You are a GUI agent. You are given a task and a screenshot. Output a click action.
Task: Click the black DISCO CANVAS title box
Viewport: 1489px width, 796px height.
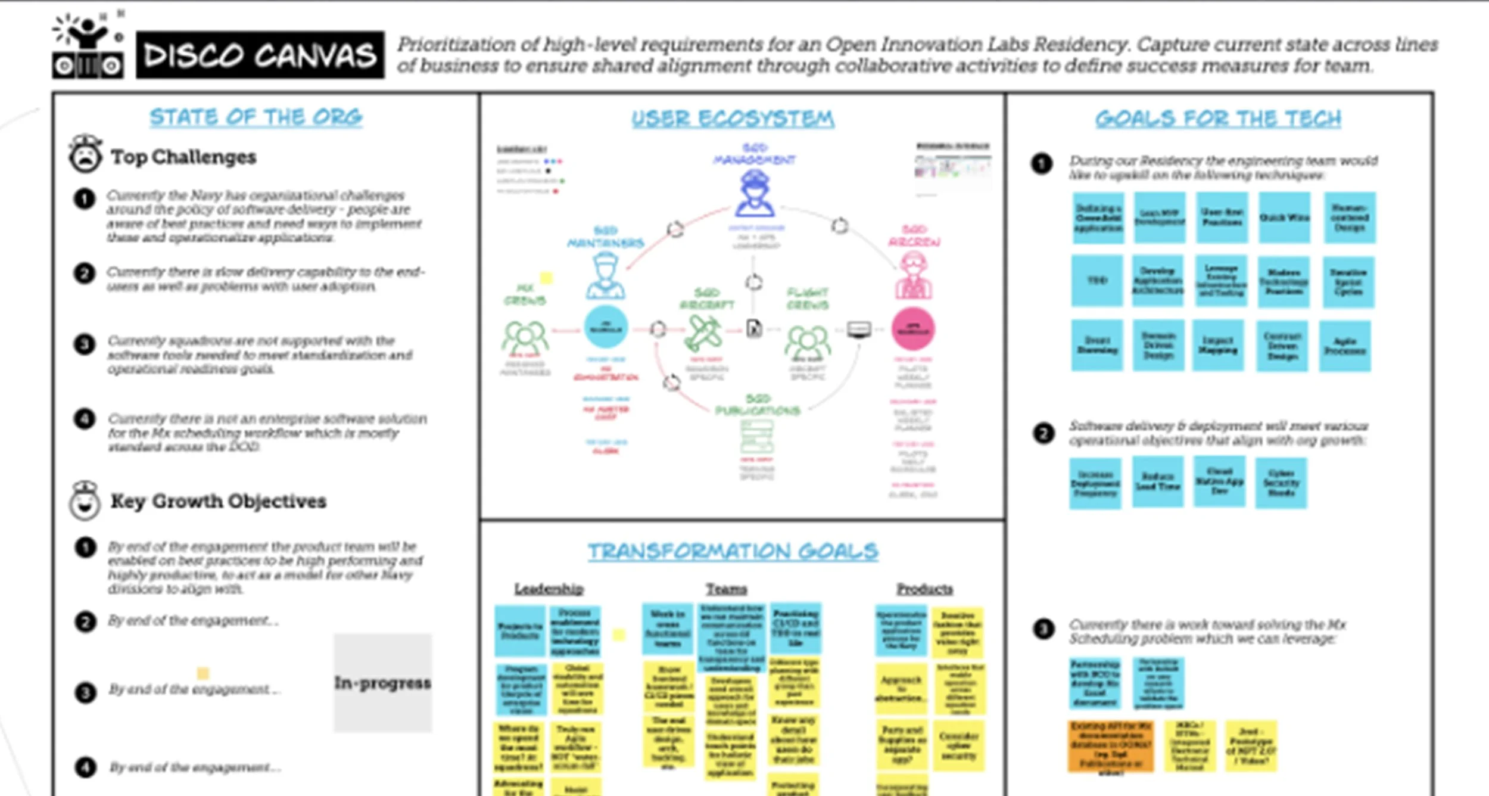click(x=260, y=55)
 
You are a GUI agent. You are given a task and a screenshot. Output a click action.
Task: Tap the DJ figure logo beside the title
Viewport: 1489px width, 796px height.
click(x=88, y=48)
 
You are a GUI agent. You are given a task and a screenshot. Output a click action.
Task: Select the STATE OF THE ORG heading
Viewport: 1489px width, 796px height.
click(x=256, y=117)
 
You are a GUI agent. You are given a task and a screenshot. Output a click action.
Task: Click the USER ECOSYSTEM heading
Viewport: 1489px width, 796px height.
click(x=733, y=118)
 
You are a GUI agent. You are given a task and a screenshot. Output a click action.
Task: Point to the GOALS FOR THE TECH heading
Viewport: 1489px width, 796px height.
click(x=1218, y=118)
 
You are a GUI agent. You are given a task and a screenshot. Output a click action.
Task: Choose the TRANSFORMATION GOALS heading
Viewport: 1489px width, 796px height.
click(x=733, y=551)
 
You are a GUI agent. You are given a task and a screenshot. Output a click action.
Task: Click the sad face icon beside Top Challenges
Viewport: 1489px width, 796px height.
click(x=85, y=154)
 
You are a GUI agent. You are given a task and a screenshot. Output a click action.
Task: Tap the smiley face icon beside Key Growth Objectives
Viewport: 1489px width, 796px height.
click(x=85, y=501)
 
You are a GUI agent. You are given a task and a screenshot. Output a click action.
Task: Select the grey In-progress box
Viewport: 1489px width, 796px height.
click(x=382, y=683)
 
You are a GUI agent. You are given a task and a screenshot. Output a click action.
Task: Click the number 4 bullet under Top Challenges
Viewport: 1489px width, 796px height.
click(x=85, y=419)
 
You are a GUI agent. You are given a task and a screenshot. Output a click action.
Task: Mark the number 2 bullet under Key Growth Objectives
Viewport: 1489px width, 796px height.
click(x=85, y=621)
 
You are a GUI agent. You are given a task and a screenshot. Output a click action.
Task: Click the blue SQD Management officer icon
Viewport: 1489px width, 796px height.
click(x=755, y=194)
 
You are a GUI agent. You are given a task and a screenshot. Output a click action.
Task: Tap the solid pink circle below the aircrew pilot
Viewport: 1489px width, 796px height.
click(x=912, y=329)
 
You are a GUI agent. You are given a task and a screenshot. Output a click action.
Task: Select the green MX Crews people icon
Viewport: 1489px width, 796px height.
click(x=525, y=337)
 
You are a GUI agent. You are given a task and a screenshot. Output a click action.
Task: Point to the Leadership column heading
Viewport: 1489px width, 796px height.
click(x=549, y=589)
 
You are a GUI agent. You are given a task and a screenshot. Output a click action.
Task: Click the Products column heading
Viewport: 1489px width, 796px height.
click(x=924, y=589)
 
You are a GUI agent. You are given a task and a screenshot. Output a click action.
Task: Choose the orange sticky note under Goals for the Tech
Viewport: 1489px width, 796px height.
click(x=1110, y=746)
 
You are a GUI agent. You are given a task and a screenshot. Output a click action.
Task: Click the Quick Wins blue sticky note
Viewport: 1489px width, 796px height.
click(x=1284, y=217)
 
